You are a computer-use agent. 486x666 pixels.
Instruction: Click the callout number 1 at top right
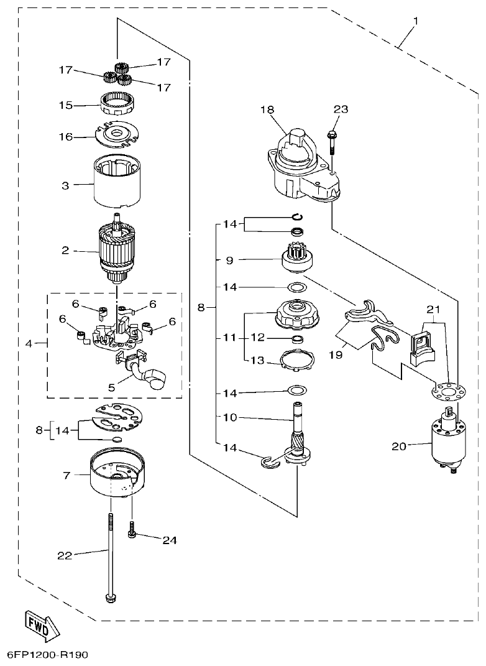(x=415, y=21)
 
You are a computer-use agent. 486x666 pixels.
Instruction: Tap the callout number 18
(x=267, y=109)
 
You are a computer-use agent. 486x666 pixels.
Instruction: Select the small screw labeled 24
(x=132, y=529)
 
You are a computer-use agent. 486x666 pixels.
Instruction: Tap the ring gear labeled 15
(x=118, y=102)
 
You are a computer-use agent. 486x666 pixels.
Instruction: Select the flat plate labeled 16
(x=117, y=134)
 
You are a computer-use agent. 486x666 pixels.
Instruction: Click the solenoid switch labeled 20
(x=447, y=443)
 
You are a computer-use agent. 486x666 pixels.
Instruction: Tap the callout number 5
(x=111, y=387)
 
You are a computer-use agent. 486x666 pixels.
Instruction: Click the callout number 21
(x=433, y=308)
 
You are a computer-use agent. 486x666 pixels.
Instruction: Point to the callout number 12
(x=257, y=338)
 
